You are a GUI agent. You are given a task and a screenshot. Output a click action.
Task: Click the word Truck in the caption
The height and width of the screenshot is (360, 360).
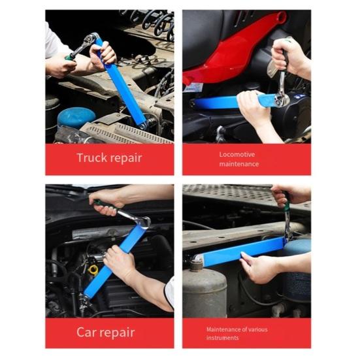(91, 158)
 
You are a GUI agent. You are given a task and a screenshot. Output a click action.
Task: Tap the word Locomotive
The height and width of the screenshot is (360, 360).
(237, 154)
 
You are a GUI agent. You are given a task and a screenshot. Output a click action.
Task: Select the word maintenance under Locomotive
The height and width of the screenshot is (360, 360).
(238, 164)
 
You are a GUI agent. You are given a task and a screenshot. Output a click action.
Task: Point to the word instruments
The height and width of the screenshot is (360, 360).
(223, 338)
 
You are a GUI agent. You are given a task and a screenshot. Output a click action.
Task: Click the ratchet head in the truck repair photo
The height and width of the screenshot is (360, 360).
(90, 40)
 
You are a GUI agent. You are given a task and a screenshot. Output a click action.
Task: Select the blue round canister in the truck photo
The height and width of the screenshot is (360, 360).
(76, 118)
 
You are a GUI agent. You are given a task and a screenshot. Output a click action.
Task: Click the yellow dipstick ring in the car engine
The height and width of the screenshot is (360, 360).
(93, 269)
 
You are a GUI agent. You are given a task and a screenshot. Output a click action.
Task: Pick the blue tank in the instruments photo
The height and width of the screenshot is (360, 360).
(298, 274)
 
